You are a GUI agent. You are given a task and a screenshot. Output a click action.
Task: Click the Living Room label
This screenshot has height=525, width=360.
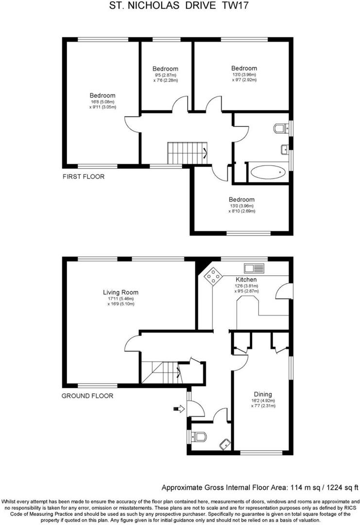click(120, 292)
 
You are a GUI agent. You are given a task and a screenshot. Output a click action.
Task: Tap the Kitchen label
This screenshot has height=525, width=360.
click(246, 280)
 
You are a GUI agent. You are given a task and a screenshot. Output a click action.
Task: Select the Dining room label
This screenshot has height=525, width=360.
click(263, 394)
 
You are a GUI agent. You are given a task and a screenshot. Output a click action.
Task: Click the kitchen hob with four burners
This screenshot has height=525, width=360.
click(212, 277)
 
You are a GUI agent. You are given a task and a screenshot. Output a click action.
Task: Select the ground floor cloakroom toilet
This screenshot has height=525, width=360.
click(199, 437)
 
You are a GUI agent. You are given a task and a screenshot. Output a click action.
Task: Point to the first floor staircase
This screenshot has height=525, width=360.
click(187, 153)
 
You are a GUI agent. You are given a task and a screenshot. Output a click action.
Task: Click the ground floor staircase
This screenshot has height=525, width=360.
click(160, 372)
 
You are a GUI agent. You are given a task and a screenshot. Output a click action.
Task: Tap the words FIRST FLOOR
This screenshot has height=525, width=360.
click(83, 176)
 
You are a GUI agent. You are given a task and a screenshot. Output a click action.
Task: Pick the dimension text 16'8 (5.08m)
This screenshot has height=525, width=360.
click(102, 102)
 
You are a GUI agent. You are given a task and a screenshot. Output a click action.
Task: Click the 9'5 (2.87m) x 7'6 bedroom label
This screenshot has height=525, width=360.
click(165, 69)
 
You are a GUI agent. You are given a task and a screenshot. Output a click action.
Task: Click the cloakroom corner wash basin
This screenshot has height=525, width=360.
click(224, 443)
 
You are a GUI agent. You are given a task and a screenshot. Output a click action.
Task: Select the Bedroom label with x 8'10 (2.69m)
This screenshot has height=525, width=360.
click(241, 199)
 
